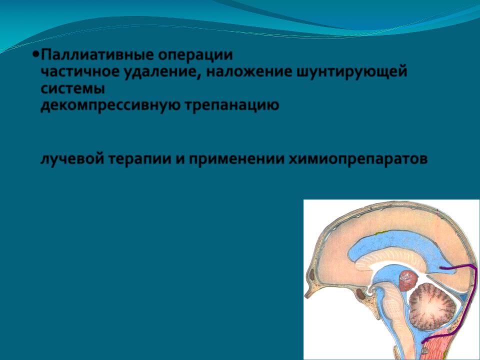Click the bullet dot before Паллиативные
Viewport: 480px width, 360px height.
pos(36,54)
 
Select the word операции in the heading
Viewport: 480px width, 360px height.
pos(195,55)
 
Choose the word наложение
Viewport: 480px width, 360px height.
pos(249,72)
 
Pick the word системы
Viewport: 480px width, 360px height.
pos(73,89)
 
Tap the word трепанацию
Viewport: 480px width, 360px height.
pos(231,106)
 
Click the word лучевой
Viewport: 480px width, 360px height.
pos(72,159)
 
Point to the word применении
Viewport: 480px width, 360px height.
pos(236,159)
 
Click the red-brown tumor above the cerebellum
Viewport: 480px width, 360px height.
pos(408,280)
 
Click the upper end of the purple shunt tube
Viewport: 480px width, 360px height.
pos(441,268)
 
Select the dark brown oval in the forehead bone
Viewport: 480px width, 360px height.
pos(312,274)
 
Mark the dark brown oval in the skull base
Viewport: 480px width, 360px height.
pos(360,294)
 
